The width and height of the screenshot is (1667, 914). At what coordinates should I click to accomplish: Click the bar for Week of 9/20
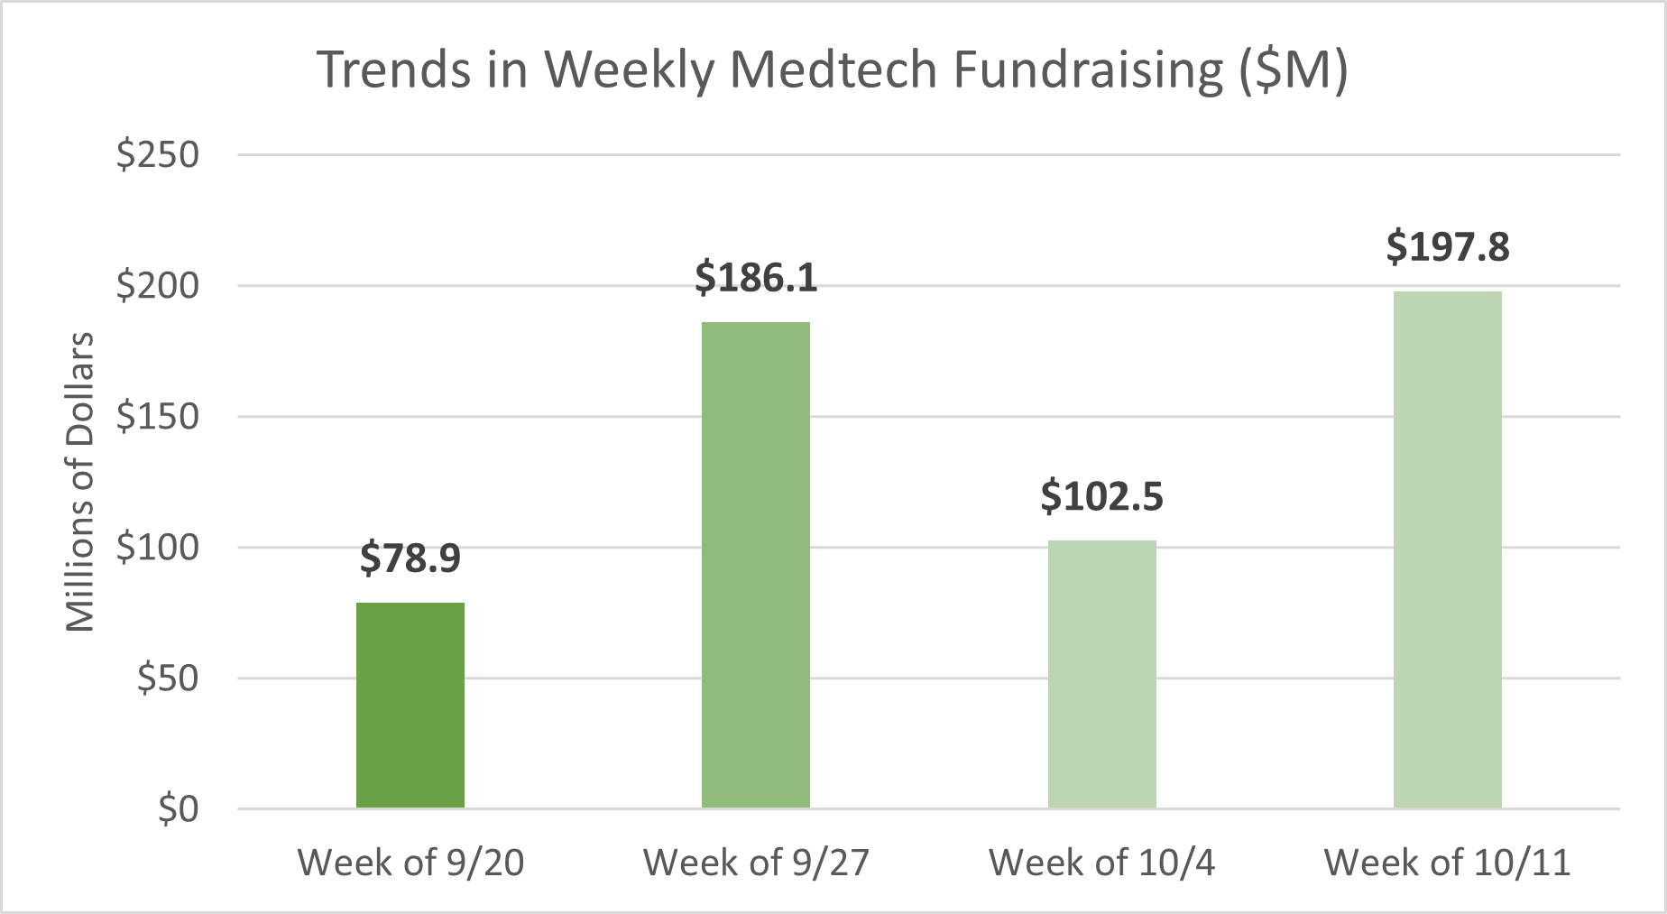pyautogui.click(x=410, y=705)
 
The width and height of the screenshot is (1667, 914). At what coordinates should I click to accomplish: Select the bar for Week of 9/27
pyautogui.click(x=756, y=565)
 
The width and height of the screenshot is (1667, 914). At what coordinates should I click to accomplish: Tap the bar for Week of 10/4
pyautogui.click(x=1101, y=674)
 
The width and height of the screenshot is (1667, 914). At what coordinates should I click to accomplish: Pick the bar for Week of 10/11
pyautogui.click(x=1447, y=549)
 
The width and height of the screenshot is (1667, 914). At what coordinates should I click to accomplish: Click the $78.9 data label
pyautogui.click(x=410, y=559)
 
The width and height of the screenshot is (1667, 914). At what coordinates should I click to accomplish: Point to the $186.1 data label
pyautogui.click(x=756, y=278)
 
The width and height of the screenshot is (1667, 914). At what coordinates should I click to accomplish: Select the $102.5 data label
pyautogui.click(x=1101, y=497)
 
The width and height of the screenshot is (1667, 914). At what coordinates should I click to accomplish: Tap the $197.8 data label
pyautogui.click(x=1447, y=247)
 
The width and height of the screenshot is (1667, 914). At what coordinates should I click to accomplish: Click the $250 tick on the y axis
pyautogui.click(x=158, y=155)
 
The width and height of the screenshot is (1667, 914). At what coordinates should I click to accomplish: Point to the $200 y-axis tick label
pyautogui.click(x=158, y=286)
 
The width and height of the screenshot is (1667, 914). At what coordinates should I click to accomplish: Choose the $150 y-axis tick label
pyautogui.click(x=158, y=417)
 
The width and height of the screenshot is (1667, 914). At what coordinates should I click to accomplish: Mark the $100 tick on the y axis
pyautogui.click(x=158, y=548)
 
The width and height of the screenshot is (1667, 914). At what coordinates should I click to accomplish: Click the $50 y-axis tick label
pyautogui.click(x=168, y=679)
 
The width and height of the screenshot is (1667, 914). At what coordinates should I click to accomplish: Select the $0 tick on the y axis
pyautogui.click(x=178, y=809)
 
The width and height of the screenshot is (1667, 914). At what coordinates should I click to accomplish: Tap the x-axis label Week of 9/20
pyautogui.click(x=410, y=863)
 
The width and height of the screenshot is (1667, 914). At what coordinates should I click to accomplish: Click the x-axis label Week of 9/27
pyautogui.click(x=756, y=863)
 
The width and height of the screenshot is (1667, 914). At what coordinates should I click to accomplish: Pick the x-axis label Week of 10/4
pyautogui.click(x=1101, y=863)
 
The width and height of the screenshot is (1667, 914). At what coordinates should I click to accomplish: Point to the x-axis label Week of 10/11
pyautogui.click(x=1447, y=863)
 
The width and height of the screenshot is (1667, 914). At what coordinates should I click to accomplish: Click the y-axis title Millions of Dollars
pyautogui.click(x=80, y=482)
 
